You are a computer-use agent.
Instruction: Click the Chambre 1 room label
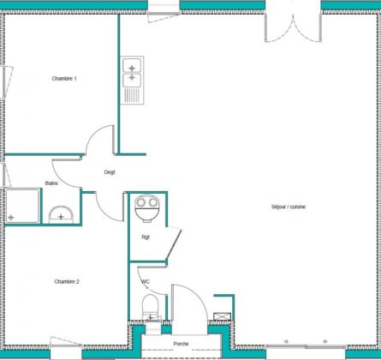tap(64, 78)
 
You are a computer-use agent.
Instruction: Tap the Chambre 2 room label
tap(67, 281)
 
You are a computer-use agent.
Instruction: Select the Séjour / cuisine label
tap(289, 207)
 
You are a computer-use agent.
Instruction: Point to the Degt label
tap(110, 172)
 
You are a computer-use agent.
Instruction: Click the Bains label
tap(51, 183)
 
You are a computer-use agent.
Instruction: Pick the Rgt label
tap(146, 237)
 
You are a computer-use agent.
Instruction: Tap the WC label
tap(146, 281)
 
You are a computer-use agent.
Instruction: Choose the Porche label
tap(181, 344)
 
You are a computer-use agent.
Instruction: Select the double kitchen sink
tap(132, 80)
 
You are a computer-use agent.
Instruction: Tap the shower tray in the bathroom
tap(22, 206)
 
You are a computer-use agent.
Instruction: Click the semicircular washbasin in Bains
tap(61, 214)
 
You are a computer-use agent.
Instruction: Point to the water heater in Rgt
tap(147, 208)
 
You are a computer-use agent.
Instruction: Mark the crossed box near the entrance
tap(223, 316)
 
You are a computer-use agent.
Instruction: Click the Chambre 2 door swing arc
tap(105, 212)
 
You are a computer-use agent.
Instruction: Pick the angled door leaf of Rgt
tap(174, 243)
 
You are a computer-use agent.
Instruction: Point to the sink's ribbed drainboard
tap(133, 95)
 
